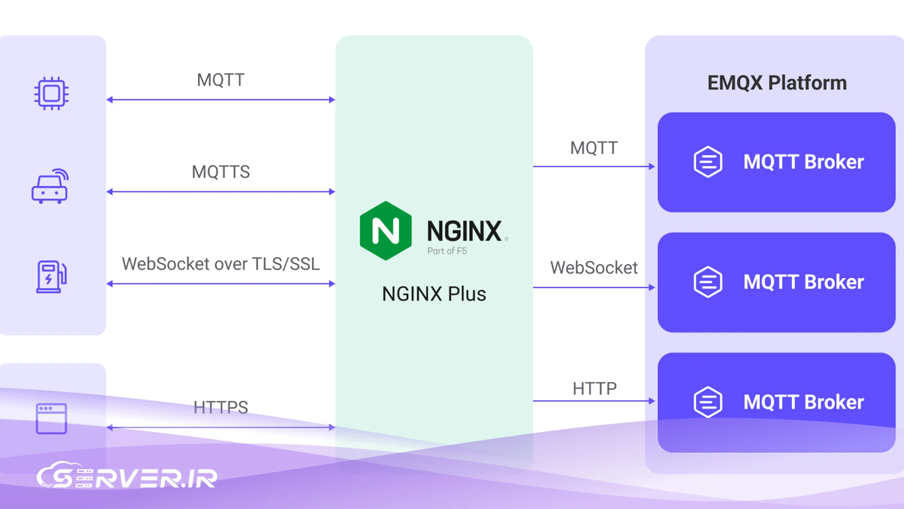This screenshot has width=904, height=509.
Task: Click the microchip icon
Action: coord(51,93)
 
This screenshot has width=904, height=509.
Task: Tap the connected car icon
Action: coord(50,187)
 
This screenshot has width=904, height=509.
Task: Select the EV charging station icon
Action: coord(51,276)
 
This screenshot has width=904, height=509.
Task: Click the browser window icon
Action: coord(51,419)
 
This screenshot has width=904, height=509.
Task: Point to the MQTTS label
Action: coord(220,172)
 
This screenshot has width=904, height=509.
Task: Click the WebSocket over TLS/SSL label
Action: coord(220,264)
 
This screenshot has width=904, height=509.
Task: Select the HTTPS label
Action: coord(220,407)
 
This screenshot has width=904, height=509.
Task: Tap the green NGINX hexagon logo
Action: coord(386,231)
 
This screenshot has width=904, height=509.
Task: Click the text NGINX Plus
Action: coord(434,294)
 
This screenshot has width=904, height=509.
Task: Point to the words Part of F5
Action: coord(447,251)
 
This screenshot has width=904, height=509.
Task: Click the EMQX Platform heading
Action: coord(777,83)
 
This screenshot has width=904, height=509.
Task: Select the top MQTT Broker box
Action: coord(776,162)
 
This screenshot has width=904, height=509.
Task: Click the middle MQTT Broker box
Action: coord(776,283)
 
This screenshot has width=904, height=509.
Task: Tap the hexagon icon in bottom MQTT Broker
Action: coord(708,402)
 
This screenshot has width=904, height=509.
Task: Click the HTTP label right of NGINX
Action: coord(595,388)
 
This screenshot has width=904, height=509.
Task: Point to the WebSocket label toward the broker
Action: coord(594,268)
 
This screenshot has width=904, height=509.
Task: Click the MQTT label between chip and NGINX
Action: coord(220,80)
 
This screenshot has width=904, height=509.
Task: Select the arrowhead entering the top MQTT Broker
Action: coord(651,166)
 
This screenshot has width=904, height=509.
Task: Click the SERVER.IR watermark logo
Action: coord(127,476)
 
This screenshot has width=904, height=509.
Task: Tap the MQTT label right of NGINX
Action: coord(594,148)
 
